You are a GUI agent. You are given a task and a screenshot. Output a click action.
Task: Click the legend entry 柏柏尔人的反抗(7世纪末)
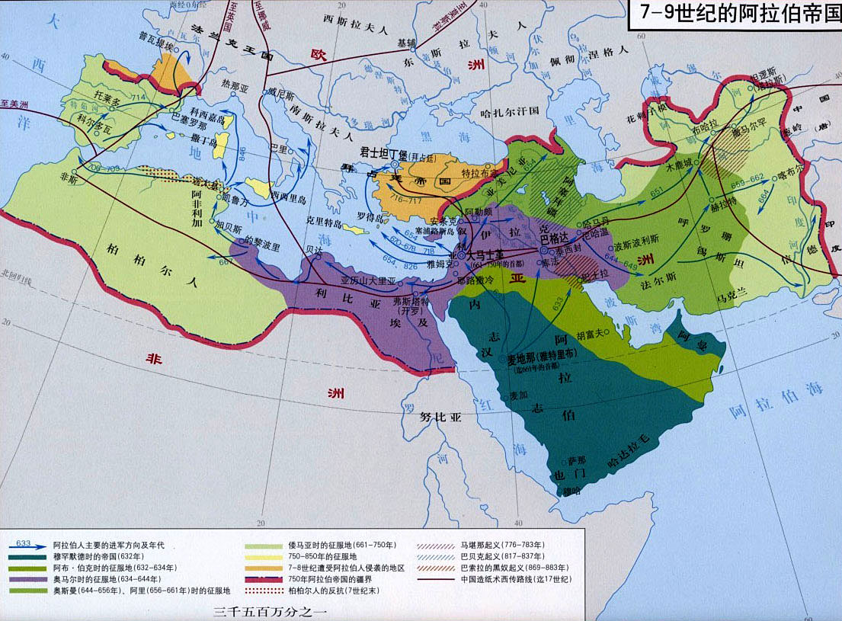309,590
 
